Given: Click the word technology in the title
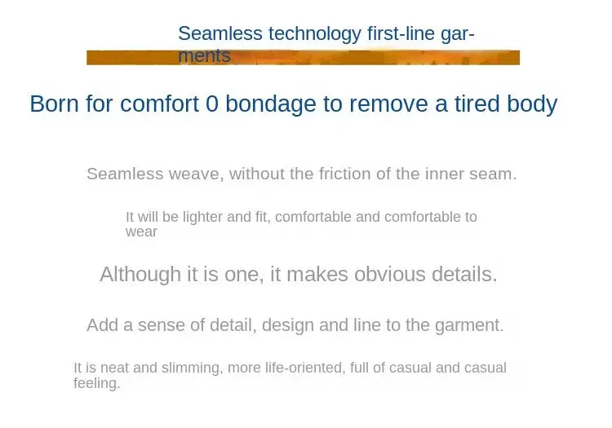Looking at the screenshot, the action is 315,34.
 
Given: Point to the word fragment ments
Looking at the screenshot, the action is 204,55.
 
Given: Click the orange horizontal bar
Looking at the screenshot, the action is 303,57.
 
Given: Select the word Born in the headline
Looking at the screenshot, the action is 54,104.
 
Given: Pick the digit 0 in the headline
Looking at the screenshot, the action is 211,104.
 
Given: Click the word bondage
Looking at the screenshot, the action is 270,104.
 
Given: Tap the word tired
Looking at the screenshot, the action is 477,104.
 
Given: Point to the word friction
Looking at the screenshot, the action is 344,174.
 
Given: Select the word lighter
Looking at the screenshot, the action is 202,217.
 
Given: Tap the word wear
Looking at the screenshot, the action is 141,232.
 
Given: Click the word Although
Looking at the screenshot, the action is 140,275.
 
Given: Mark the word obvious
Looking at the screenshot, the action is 389,274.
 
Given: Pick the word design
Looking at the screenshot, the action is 288,325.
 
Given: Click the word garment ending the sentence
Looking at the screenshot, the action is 469,325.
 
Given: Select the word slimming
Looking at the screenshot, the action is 192,368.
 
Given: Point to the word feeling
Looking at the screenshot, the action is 96,383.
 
